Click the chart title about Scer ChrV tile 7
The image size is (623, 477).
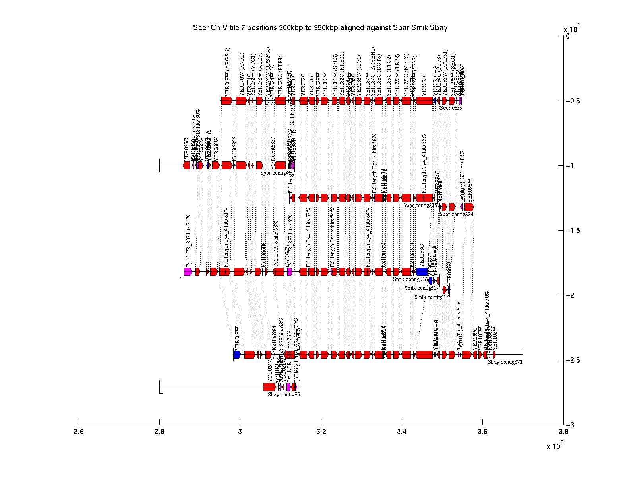coord(320,28)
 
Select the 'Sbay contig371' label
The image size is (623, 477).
coord(505,362)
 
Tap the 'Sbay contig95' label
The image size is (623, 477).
coord(284,394)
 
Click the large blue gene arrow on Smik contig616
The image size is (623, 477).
coord(422,271)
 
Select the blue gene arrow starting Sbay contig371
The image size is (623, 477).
coord(237,355)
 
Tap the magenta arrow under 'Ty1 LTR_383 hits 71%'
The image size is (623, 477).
coord(188,271)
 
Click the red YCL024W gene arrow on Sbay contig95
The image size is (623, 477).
coord(269,387)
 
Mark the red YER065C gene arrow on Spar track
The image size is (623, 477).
coord(186,165)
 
